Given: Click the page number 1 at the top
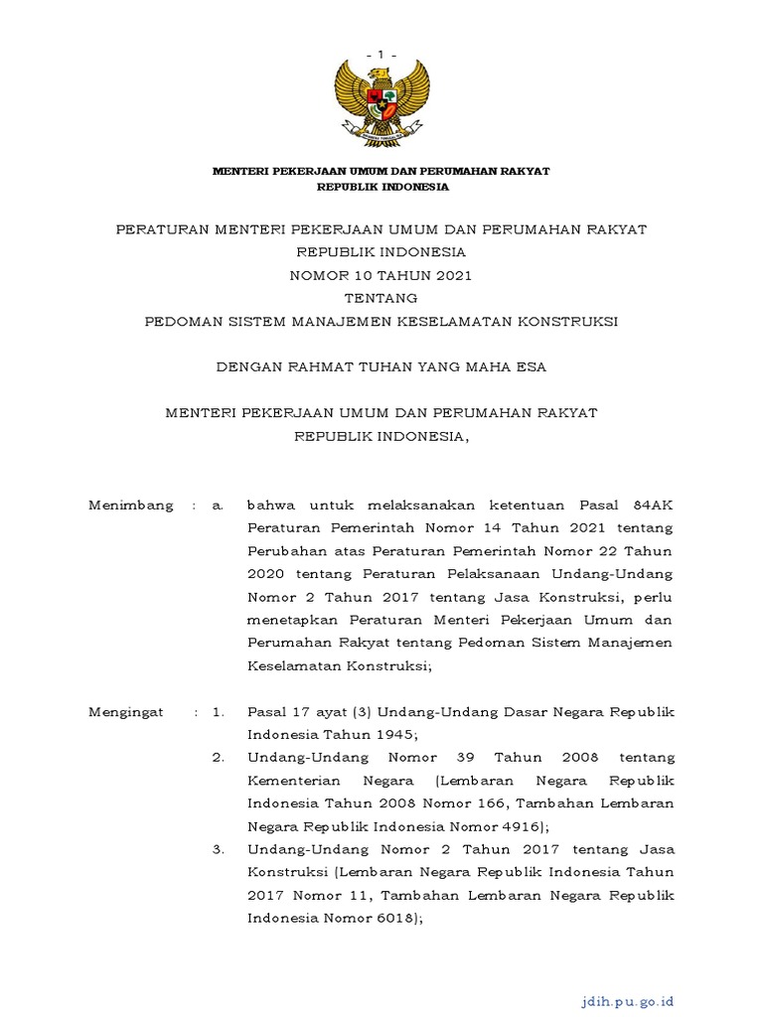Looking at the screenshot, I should [x=381, y=53].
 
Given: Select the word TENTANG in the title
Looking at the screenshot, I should [x=381, y=298].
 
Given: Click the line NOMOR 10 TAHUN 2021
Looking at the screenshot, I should [x=381, y=275].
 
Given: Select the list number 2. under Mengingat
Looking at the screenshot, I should [x=219, y=758].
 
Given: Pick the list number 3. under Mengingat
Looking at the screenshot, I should [x=219, y=850].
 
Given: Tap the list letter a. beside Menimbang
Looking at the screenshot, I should [x=218, y=506].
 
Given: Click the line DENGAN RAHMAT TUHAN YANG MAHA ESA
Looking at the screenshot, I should [x=381, y=367].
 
